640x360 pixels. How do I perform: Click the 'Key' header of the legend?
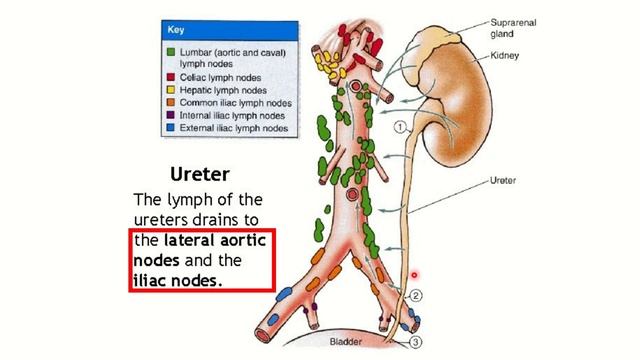tap(177, 30)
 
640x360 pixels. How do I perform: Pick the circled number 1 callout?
tap(400, 127)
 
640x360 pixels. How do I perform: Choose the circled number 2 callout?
tap(417, 295)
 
